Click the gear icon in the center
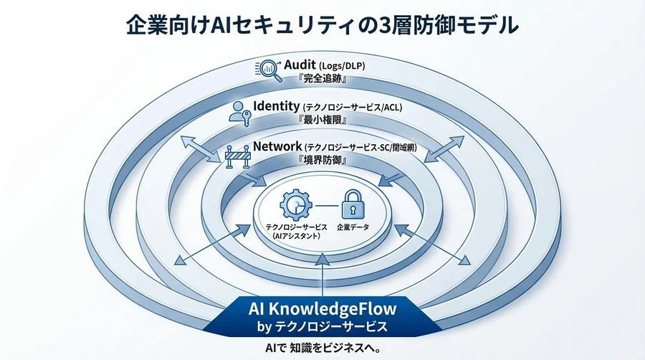click(295, 204)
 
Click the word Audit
click(306, 66)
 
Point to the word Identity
click(277, 107)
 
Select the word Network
click(277, 147)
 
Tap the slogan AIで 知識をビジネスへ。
click(322, 349)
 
